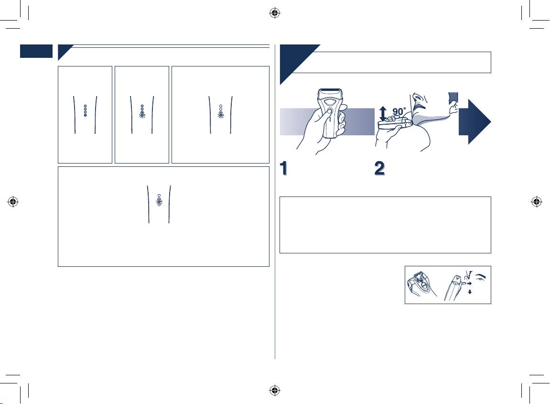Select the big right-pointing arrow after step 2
(475, 121)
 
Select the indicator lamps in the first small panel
(85, 111)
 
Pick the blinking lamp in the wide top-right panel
(221, 115)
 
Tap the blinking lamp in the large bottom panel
(159, 203)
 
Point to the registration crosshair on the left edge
(13, 202)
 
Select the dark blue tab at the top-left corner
(36, 51)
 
